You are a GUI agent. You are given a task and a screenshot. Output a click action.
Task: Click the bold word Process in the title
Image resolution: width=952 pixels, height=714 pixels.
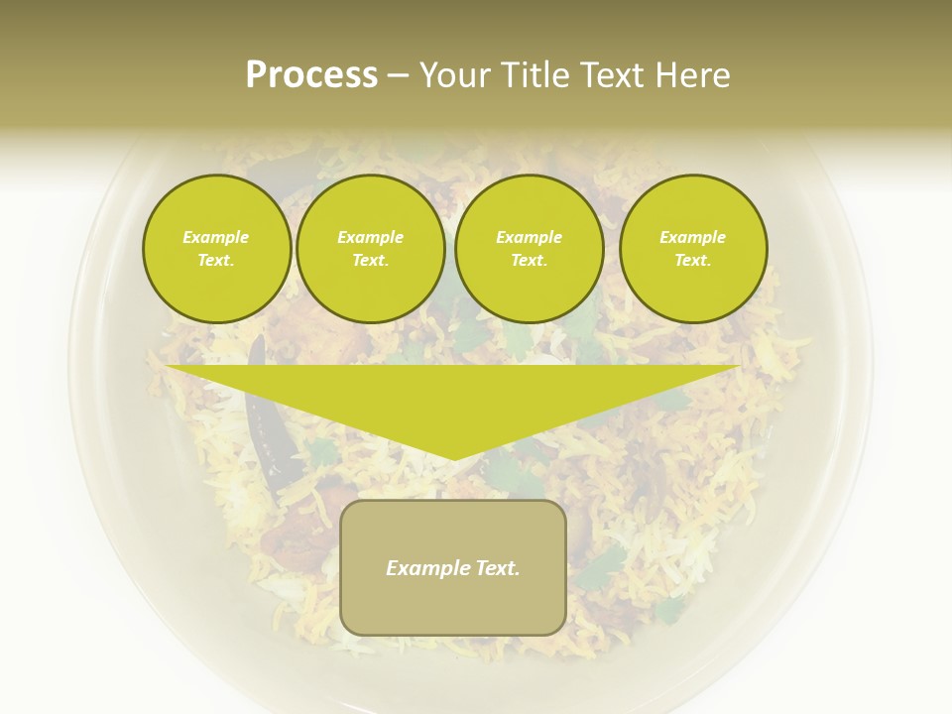(x=311, y=75)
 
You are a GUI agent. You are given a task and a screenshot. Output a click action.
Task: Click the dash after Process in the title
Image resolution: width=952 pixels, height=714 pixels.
(x=399, y=76)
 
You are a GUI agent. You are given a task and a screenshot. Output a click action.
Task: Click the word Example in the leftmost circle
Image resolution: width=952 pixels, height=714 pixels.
(x=216, y=237)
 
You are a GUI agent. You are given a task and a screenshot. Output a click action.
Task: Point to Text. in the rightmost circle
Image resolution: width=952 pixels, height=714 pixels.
(x=693, y=261)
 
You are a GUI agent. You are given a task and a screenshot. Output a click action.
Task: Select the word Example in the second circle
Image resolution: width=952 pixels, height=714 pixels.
(x=371, y=237)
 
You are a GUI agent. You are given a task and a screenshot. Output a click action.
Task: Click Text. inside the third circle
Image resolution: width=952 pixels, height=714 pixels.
(x=530, y=261)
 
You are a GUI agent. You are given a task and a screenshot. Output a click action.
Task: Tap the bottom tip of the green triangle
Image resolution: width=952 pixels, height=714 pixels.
(x=454, y=457)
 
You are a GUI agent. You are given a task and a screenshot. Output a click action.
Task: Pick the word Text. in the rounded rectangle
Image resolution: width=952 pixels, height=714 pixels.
(x=499, y=568)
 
